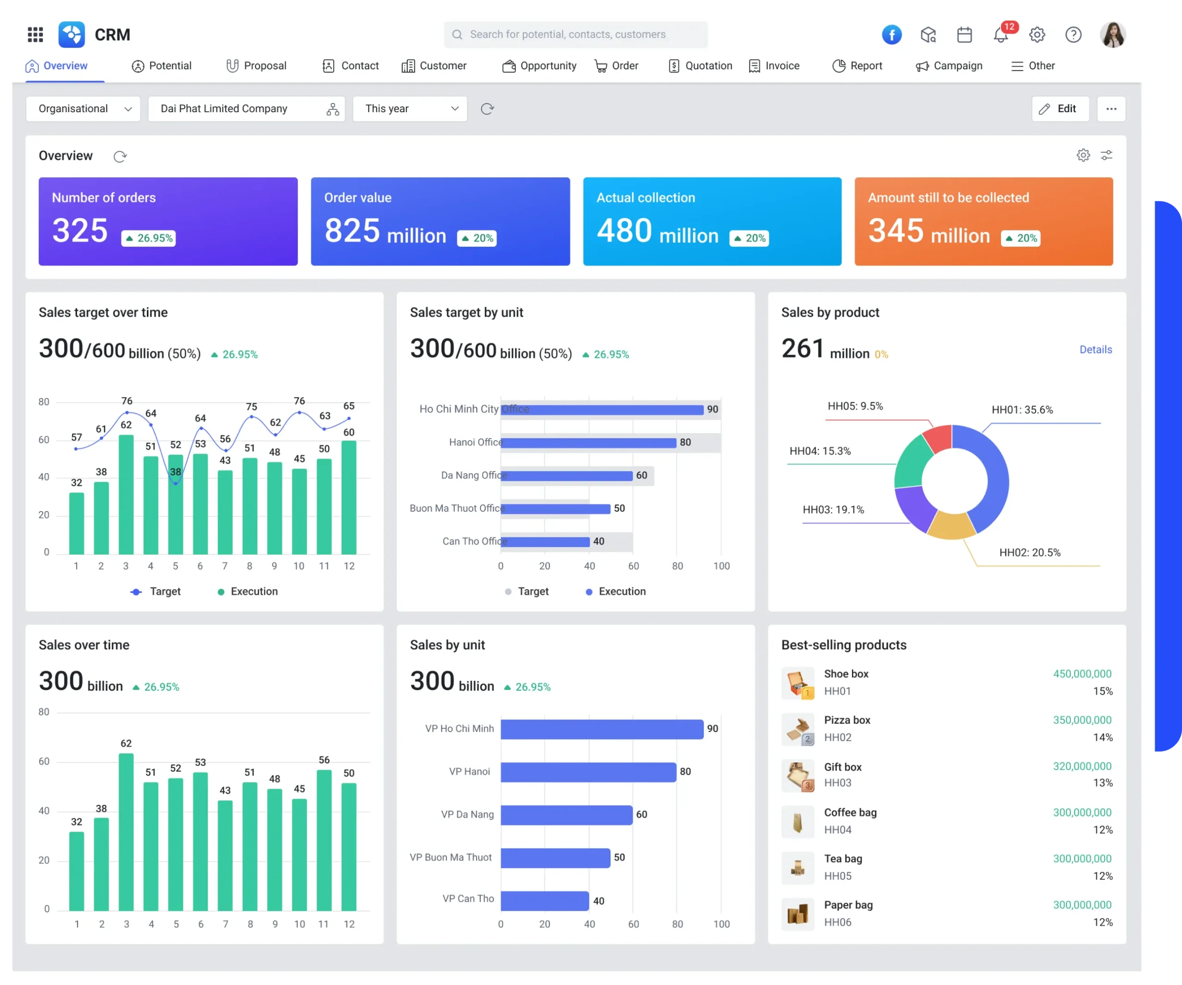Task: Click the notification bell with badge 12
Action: [1001, 35]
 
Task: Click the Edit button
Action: [1059, 109]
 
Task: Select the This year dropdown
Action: [410, 109]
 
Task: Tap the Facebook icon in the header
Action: [892, 35]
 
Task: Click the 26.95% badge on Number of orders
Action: [149, 238]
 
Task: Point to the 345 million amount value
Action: [929, 231]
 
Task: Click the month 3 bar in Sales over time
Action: [126, 832]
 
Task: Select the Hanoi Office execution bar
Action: [588, 443]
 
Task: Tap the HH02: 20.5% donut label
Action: [1030, 553]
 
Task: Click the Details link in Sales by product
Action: [1095, 350]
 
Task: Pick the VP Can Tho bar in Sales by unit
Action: [544, 900]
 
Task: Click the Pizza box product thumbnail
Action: [797, 729]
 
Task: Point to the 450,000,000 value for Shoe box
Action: [1082, 674]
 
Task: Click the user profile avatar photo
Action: [1112, 35]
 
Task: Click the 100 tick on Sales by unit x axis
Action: [721, 924]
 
